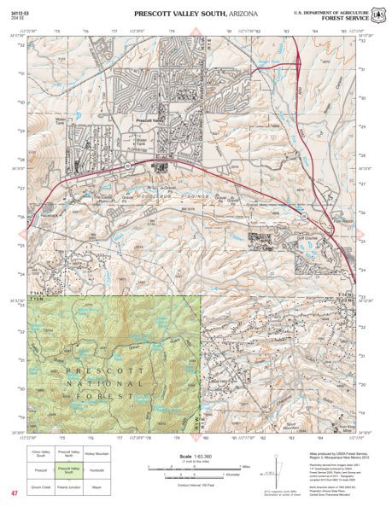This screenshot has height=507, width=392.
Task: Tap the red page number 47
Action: coord(15,493)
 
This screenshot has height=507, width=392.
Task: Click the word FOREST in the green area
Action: coord(120,396)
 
